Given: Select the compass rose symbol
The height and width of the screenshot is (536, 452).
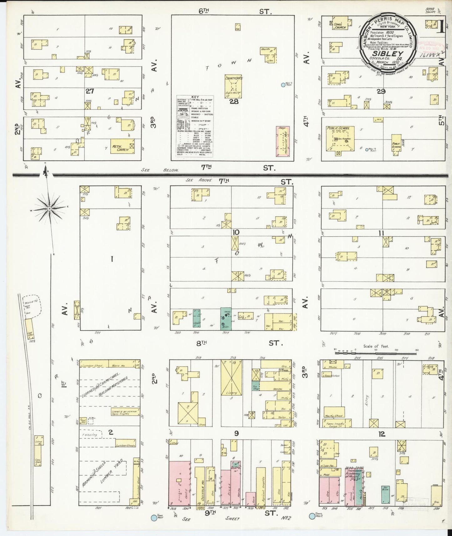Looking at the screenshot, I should (49, 208).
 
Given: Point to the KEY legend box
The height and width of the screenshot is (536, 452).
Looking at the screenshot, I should (195, 126).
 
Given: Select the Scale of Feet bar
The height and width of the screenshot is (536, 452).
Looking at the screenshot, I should (375, 353).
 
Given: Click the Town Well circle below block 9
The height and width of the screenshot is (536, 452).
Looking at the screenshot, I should (154, 518).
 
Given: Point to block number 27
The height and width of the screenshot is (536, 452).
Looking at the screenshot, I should (90, 91).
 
